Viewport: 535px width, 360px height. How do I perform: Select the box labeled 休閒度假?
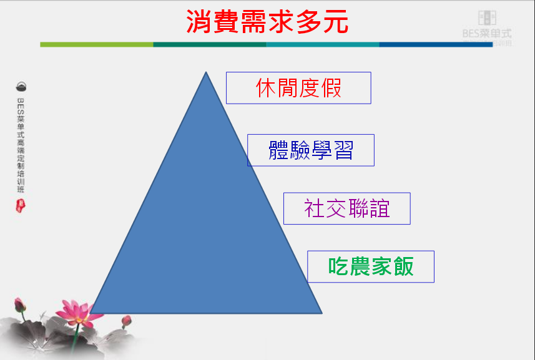click(298, 88)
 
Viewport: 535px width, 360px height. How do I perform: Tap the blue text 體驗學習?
click(311, 150)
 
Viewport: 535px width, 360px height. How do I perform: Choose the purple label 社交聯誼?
click(346, 208)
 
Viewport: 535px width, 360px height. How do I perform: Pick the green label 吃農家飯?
click(371, 266)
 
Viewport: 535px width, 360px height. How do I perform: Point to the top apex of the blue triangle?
click(206, 73)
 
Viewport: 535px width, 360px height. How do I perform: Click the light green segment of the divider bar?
click(97, 44)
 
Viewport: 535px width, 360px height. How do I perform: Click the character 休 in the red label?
click(267, 88)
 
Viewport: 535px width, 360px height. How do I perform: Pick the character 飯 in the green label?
click(403, 266)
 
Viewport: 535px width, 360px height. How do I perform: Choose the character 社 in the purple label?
click(314, 208)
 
